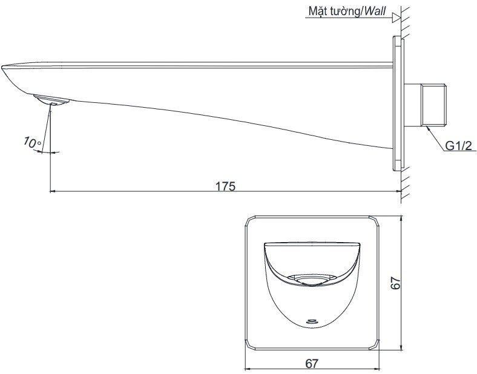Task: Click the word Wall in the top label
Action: [373, 11]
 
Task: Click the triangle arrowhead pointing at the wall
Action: [396, 18]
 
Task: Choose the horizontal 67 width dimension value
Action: [312, 363]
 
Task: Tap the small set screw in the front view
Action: [312, 321]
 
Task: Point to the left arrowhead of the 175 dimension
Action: [51, 191]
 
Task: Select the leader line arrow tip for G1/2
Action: [429, 128]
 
